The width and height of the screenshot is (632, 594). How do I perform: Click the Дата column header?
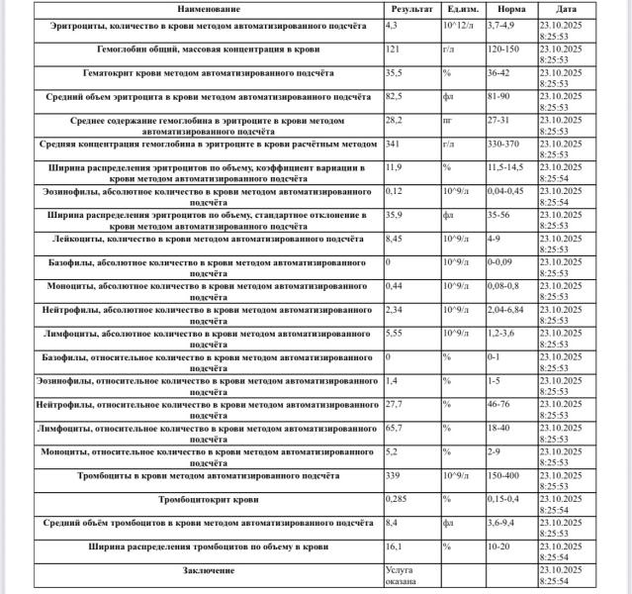pyautogui.click(x=580, y=8)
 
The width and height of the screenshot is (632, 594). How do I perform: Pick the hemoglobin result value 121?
pyautogui.click(x=393, y=47)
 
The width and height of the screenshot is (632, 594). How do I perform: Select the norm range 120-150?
pyautogui.click(x=504, y=47)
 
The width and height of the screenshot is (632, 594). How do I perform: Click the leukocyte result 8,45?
pyautogui.click(x=395, y=238)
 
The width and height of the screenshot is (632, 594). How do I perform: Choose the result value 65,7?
pyautogui.click(x=395, y=428)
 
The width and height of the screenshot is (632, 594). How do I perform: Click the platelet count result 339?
pyautogui.click(x=393, y=475)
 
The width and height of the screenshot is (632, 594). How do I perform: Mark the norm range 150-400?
pyautogui.click(x=504, y=475)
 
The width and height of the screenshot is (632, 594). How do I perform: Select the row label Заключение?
pyautogui.click(x=209, y=571)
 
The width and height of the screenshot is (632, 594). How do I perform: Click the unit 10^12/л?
pyautogui.click(x=457, y=23)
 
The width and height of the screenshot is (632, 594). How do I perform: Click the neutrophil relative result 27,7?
pyautogui.click(x=395, y=404)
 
